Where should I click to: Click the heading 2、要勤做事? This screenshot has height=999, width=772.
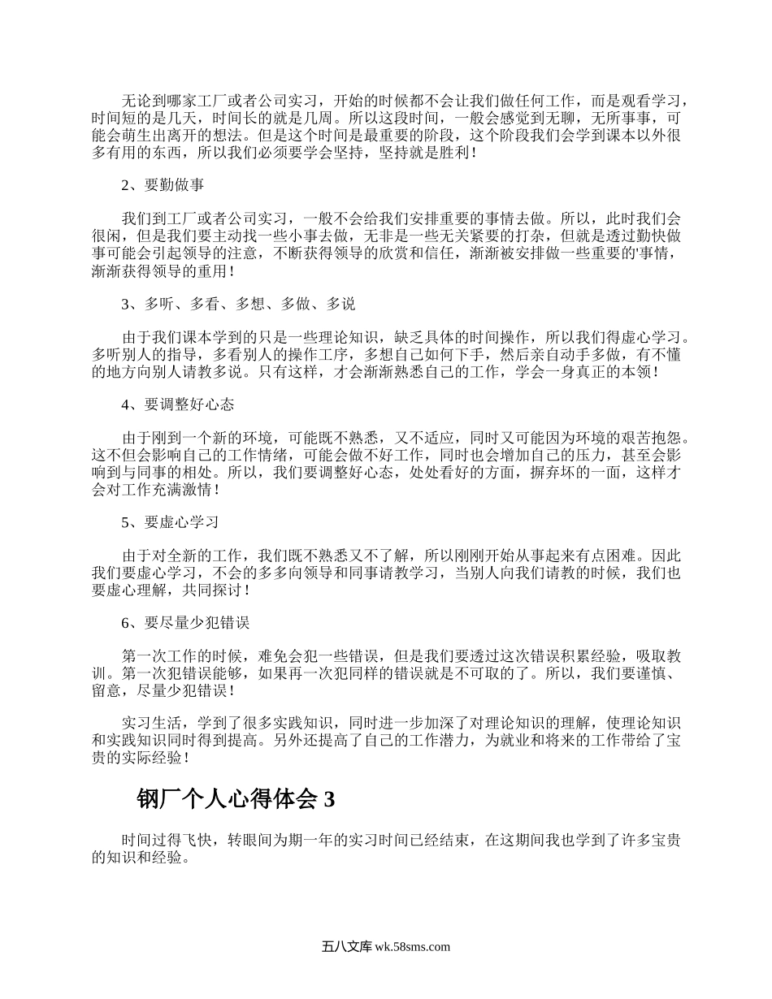point(163,184)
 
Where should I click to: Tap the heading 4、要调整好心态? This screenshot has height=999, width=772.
point(178,404)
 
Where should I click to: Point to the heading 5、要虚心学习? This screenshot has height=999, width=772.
point(170,521)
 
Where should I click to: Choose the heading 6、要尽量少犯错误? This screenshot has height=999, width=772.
point(185,622)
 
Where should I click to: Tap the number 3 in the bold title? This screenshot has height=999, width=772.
point(329,800)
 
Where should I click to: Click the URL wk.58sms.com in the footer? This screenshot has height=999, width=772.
point(413,946)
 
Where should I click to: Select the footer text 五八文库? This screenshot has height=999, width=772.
point(346,946)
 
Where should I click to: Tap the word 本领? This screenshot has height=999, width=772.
point(636,372)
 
